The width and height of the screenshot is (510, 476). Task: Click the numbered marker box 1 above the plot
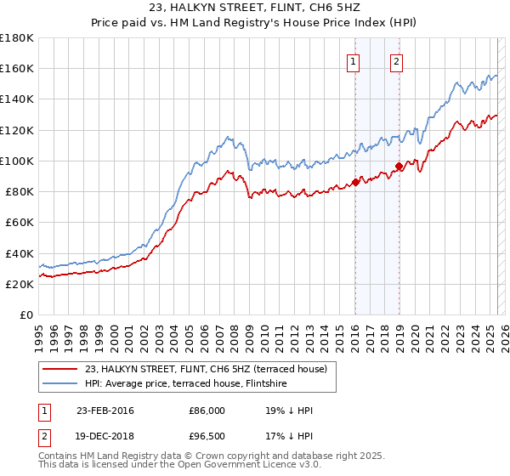[x=353, y=60]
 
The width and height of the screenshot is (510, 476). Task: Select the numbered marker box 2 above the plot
[x=397, y=60]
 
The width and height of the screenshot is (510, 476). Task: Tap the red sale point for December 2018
[x=399, y=167]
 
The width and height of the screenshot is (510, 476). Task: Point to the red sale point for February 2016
[x=355, y=182]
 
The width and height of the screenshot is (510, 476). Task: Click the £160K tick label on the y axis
[x=17, y=68]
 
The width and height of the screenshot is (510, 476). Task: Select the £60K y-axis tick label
[x=20, y=222]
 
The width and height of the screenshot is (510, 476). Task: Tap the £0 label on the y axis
[x=25, y=314]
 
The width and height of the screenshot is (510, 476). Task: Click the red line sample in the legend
[x=60, y=368]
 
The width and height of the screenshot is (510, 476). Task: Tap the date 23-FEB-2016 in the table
[x=105, y=411]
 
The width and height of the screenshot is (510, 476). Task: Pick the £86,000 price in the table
[x=207, y=411]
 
